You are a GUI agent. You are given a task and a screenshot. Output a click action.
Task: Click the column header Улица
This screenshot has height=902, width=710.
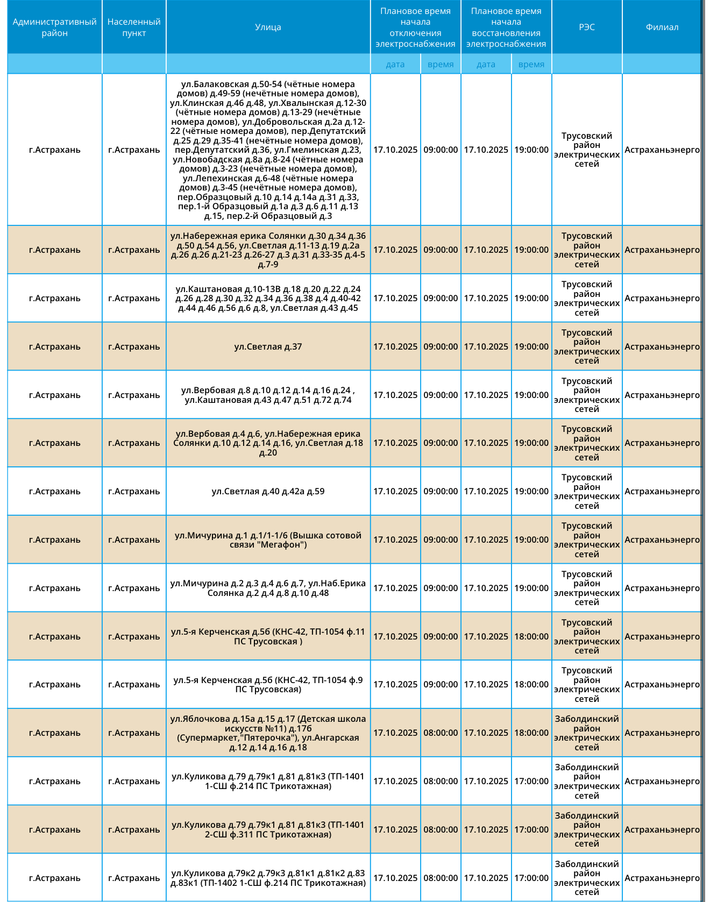tap(268, 27)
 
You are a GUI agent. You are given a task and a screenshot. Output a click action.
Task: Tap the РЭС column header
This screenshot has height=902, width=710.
tap(587, 27)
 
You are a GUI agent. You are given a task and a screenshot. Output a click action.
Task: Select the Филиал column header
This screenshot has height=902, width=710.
tap(662, 27)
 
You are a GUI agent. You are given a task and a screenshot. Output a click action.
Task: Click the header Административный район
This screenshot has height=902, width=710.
tap(55, 27)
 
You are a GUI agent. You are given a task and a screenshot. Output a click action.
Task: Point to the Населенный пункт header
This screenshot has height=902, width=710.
tap(134, 27)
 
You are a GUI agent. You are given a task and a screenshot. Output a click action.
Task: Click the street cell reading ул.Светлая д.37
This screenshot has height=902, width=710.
tap(268, 347)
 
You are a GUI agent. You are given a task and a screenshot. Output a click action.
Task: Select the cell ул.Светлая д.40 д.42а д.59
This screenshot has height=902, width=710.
tap(268, 492)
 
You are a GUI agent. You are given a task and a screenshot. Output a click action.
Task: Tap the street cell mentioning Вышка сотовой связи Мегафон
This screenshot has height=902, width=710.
tap(268, 540)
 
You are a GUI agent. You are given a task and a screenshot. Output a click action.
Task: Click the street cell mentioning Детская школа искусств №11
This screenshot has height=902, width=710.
tap(268, 733)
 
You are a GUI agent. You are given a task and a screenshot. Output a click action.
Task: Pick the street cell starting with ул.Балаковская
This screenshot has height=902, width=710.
tap(268, 150)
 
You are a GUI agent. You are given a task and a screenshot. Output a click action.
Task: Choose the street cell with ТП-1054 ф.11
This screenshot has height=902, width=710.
tap(268, 637)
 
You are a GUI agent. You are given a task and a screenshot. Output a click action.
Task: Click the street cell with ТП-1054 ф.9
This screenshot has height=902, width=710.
tap(268, 685)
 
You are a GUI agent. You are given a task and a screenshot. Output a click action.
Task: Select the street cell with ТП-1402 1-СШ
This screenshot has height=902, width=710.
tap(268, 878)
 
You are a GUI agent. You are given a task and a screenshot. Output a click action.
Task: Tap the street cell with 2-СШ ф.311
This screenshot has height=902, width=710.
tap(268, 830)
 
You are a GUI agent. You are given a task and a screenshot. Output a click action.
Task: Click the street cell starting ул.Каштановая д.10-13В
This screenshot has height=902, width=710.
tap(268, 299)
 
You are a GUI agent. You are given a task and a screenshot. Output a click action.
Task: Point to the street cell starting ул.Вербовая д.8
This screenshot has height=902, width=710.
tap(268, 395)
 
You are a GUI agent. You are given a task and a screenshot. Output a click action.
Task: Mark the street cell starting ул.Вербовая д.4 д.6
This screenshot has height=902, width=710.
tap(268, 443)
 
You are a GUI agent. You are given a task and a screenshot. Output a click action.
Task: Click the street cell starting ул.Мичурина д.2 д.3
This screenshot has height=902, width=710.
tap(268, 588)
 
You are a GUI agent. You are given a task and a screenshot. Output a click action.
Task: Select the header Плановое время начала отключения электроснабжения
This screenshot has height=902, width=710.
tap(415, 27)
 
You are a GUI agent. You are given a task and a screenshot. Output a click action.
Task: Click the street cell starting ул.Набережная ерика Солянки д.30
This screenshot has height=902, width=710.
tap(268, 250)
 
